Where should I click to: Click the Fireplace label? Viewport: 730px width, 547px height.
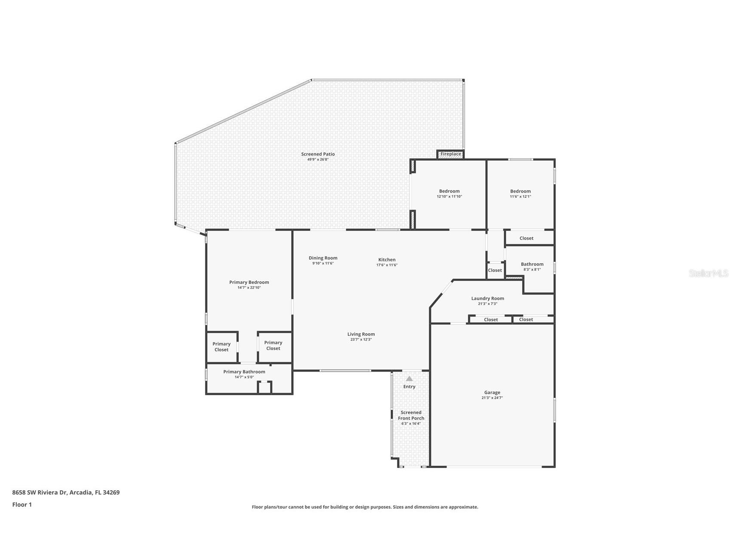450,154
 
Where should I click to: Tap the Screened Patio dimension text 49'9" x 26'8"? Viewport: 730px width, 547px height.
318,160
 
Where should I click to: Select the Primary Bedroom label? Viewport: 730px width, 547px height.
249,283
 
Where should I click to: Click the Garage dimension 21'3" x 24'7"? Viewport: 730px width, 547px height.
492,398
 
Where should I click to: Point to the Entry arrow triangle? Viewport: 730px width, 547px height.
409,379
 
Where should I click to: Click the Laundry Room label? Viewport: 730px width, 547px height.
487,298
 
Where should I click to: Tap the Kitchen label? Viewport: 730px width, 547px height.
387,260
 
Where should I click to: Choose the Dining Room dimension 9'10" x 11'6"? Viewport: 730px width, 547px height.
323,264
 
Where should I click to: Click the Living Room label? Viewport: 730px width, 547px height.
361,334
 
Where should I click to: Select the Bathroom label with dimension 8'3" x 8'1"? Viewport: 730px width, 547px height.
532,264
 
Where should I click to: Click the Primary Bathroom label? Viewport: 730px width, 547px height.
244,372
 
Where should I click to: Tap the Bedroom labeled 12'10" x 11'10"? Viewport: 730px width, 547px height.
449,191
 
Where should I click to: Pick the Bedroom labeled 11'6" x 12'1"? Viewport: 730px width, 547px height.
521,191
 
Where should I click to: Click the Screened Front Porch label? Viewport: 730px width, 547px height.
411,415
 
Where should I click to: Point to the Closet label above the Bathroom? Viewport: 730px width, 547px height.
526,238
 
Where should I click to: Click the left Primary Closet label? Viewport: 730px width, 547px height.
222,347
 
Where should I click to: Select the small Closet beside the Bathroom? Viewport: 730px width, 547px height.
495,270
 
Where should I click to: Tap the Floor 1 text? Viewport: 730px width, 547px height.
22,505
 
